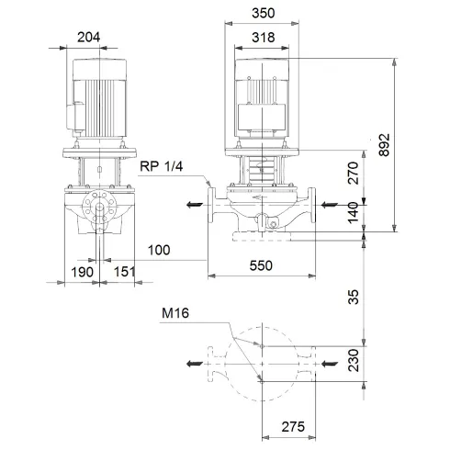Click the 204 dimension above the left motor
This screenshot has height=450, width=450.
click(89, 38)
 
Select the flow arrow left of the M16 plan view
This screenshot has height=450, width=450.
click(193, 365)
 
